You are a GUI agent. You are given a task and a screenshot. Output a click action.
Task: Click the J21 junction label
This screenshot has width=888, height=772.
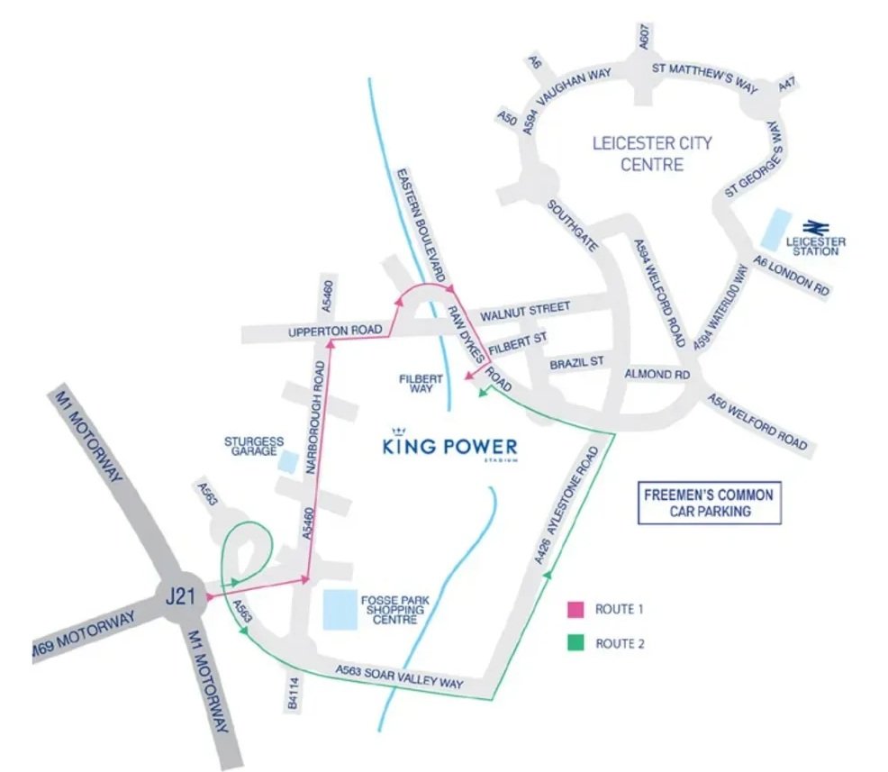183,597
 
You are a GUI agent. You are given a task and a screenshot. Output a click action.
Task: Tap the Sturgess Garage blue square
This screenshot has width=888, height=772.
288,461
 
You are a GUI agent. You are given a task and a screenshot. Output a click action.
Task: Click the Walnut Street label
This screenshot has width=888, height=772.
525,310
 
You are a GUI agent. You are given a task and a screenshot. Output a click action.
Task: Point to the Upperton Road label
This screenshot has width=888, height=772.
335,332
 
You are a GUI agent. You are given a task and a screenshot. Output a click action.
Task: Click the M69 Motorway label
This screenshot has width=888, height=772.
84,635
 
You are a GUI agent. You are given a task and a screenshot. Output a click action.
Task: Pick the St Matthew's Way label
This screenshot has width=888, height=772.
702,71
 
